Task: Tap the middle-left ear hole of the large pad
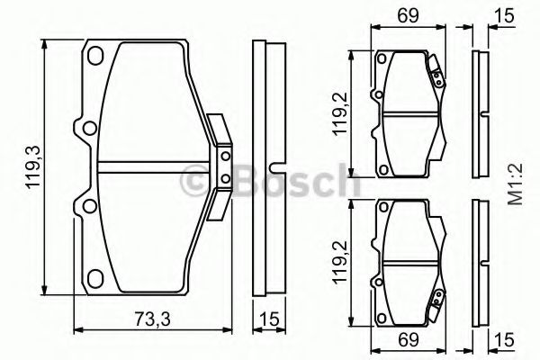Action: (87, 126)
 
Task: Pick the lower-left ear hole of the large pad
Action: (87, 209)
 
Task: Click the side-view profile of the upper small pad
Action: (478, 115)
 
